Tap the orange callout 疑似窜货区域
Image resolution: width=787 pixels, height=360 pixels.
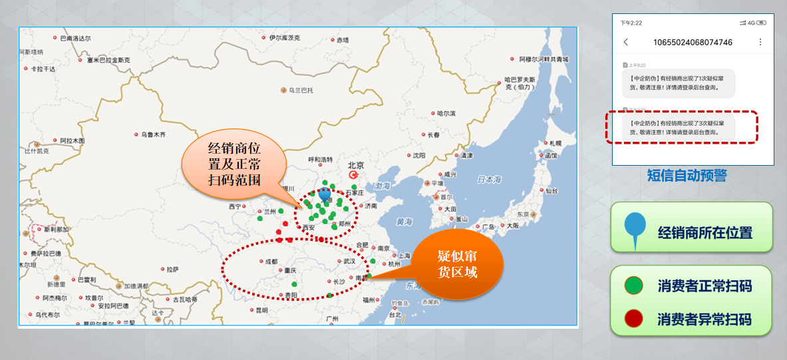pos(457,265)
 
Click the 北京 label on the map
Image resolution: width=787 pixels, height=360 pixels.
pos(356,165)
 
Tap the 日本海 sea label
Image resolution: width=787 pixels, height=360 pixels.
pos(489,180)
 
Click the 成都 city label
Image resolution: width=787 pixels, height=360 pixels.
pos(271,262)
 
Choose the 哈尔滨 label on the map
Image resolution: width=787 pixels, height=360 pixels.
pos(446,113)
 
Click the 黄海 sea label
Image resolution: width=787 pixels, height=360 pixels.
pos(404,222)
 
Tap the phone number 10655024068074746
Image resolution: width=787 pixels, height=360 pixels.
pos(693,43)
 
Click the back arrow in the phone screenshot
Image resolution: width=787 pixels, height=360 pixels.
pos(626,43)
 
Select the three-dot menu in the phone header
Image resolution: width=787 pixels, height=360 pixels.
pos(761,43)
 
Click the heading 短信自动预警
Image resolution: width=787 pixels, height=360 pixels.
pos(687,176)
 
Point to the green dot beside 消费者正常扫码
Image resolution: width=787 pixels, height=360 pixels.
pos(633,286)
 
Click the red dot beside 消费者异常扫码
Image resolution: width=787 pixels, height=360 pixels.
pos(633,319)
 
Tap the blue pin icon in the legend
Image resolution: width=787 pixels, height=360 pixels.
pos(635,230)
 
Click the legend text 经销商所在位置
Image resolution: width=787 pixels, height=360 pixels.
pos(705,233)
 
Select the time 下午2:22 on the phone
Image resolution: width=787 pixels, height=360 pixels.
pos(631,23)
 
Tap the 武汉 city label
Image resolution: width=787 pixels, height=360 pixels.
pos(350,262)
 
